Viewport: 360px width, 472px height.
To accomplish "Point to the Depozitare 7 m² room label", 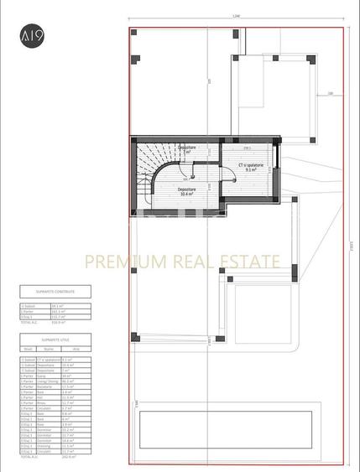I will click(188, 149).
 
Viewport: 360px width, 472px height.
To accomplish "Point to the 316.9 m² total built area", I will click(59, 322).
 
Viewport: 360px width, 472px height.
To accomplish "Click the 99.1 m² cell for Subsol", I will click(58, 306).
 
